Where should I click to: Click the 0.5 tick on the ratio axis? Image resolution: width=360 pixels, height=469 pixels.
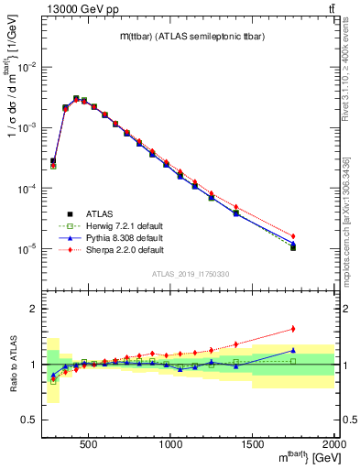coord(30,420)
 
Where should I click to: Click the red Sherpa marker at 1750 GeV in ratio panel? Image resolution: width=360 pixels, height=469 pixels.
coord(293,329)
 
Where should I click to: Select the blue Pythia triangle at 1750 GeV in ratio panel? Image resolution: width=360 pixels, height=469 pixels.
coord(293,350)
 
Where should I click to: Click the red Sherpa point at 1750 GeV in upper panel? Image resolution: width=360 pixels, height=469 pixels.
coord(293,236)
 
